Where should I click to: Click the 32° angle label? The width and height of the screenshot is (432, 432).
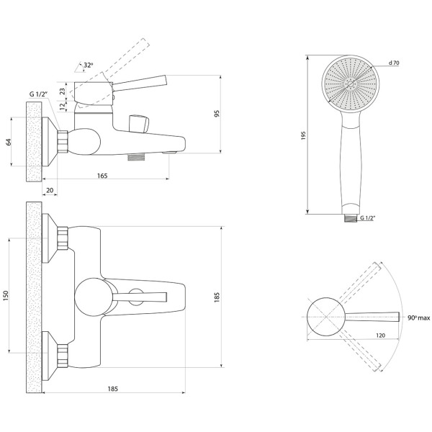click(x=89, y=66)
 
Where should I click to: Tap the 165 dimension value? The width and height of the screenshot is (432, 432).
click(x=102, y=176)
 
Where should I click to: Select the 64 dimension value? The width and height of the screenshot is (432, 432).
click(x=9, y=142)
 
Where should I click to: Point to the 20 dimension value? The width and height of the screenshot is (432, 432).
click(x=50, y=190)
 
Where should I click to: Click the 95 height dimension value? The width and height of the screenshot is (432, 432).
click(x=217, y=114)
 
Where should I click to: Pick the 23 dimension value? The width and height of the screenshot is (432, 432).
click(x=63, y=91)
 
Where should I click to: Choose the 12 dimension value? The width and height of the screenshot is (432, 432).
click(x=63, y=106)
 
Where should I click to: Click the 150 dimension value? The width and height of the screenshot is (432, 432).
click(x=6, y=295)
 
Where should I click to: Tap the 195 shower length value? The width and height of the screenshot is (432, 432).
click(x=303, y=135)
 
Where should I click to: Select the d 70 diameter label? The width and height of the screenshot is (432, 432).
click(x=394, y=63)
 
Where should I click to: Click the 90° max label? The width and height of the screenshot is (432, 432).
click(x=419, y=318)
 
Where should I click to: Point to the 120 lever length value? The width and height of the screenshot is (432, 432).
click(x=380, y=336)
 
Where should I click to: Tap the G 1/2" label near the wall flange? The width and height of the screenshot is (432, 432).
click(x=39, y=94)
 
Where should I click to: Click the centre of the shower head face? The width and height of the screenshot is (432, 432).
click(x=351, y=84)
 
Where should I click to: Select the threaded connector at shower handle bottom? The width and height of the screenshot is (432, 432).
click(x=351, y=218)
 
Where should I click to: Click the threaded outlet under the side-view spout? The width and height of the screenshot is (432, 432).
click(x=136, y=157)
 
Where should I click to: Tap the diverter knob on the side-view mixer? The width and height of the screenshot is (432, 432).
click(x=138, y=124)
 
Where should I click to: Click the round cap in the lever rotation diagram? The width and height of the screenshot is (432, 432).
click(x=326, y=317)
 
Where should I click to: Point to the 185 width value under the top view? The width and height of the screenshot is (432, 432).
click(x=113, y=389)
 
